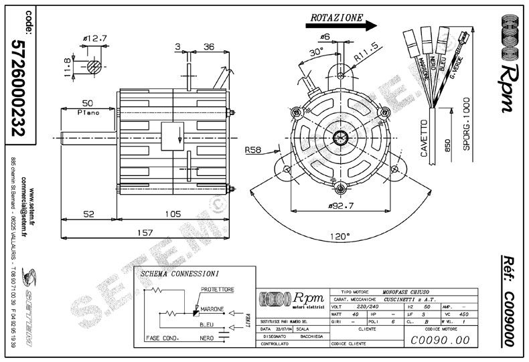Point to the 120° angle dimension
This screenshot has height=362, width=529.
click(x=340, y=237)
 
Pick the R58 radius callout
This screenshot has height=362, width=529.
click(x=253, y=150)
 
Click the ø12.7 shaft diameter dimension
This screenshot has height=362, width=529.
click(x=94, y=38)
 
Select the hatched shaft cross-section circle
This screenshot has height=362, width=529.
click(x=94, y=67)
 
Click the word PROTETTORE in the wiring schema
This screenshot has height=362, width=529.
click(x=216, y=289)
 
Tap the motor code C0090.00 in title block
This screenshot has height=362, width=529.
click(x=440, y=339)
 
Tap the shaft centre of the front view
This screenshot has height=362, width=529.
click(x=340, y=137)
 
